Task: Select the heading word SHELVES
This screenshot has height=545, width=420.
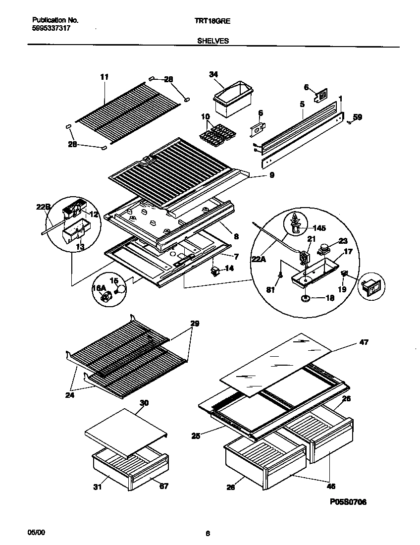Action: (213, 41)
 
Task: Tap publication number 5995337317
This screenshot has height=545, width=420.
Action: (51, 29)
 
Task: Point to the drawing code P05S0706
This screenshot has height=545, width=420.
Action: (348, 501)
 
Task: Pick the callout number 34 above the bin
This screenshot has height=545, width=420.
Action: (213, 74)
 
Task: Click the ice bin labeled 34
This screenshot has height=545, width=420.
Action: (232, 101)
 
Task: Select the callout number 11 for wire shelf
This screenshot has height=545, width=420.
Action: (104, 77)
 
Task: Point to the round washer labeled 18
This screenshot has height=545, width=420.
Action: (304, 298)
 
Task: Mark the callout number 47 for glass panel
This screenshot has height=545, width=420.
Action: (364, 342)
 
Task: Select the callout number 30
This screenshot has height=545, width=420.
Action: (144, 403)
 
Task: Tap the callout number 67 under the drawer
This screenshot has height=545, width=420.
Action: (163, 487)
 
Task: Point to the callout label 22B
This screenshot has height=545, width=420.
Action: (43, 208)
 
